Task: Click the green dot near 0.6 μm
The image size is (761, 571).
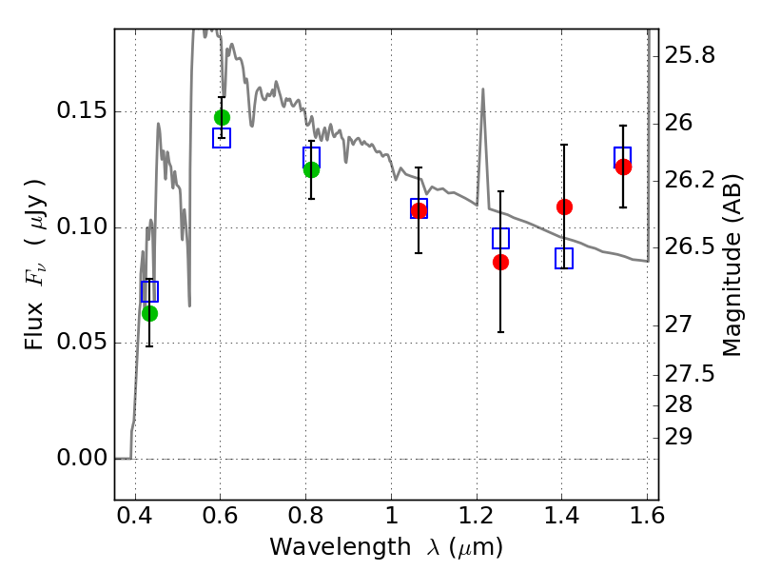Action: tap(222, 117)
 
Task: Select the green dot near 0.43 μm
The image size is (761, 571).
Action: tap(149, 314)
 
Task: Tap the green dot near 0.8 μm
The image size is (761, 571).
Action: tap(311, 170)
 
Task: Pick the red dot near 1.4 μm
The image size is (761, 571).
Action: tap(564, 207)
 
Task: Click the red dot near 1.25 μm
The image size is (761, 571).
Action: tap(500, 263)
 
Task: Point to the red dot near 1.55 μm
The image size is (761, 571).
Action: tap(623, 167)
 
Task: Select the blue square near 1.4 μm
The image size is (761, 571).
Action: tap(564, 258)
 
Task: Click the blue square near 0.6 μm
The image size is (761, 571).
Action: tap(222, 138)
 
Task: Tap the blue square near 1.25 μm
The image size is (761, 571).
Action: tap(500, 239)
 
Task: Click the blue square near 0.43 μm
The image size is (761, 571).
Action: tap(149, 291)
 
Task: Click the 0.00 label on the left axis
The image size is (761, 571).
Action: tap(81, 458)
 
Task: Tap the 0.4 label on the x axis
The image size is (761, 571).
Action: tap(135, 516)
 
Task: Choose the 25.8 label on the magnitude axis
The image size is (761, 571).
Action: tap(689, 55)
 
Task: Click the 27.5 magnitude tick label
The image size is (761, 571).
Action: tap(689, 374)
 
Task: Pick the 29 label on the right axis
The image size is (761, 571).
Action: tap(678, 437)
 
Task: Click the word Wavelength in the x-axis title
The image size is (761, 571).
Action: tap(341, 547)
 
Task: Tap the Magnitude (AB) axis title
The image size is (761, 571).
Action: tap(732, 265)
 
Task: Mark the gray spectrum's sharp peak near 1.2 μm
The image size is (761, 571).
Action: tap(483, 89)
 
